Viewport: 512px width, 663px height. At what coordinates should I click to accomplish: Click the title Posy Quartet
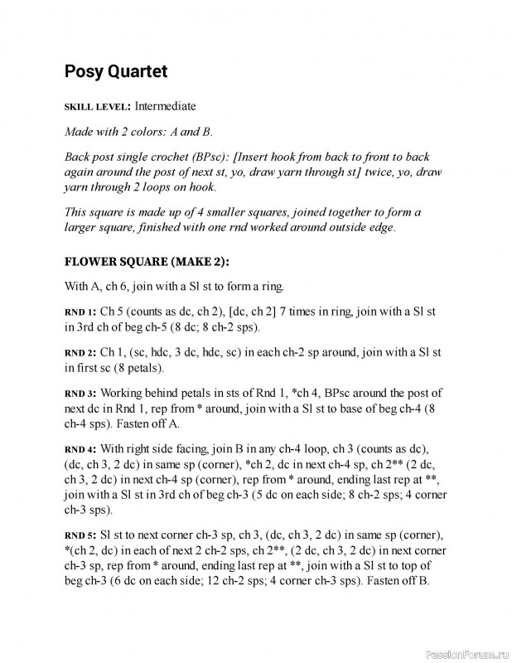click(x=116, y=72)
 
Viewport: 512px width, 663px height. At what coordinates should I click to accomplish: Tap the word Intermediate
click(x=166, y=107)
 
